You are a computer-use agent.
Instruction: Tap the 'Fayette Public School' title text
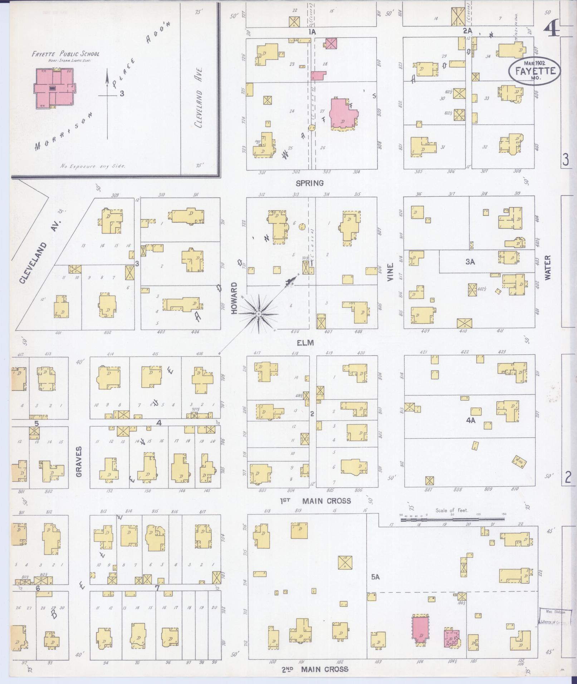point(65,54)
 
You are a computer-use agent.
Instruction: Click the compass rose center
point(258,314)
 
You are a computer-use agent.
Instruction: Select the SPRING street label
point(309,183)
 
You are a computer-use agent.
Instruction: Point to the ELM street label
point(305,343)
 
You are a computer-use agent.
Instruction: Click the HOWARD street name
point(234,298)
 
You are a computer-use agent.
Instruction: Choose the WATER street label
point(548,267)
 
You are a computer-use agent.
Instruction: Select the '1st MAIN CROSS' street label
point(315,501)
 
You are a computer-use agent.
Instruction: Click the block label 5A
point(375,577)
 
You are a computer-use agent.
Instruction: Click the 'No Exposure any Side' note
point(93,166)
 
